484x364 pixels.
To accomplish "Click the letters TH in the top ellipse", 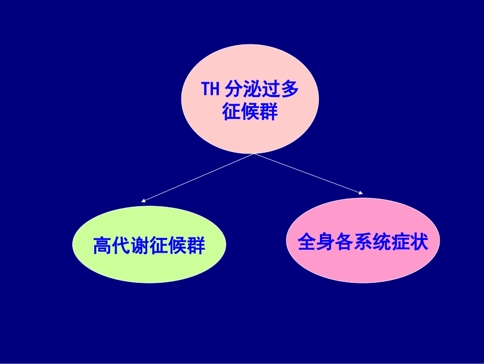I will click(x=210, y=89).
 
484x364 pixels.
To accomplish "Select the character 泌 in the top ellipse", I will click(x=252, y=89).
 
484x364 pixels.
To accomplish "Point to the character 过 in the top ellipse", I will click(x=271, y=89).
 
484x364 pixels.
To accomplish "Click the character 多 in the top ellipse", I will click(x=289, y=89).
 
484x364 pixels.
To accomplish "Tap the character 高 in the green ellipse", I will click(x=102, y=246).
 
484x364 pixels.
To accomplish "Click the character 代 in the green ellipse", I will click(x=121, y=246).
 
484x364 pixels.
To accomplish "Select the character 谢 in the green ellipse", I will click(x=140, y=246).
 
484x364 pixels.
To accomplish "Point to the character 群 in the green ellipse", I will click(x=196, y=246).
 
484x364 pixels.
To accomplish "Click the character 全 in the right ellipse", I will click(x=307, y=242).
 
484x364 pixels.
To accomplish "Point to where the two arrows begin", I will click(x=253, y=154).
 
